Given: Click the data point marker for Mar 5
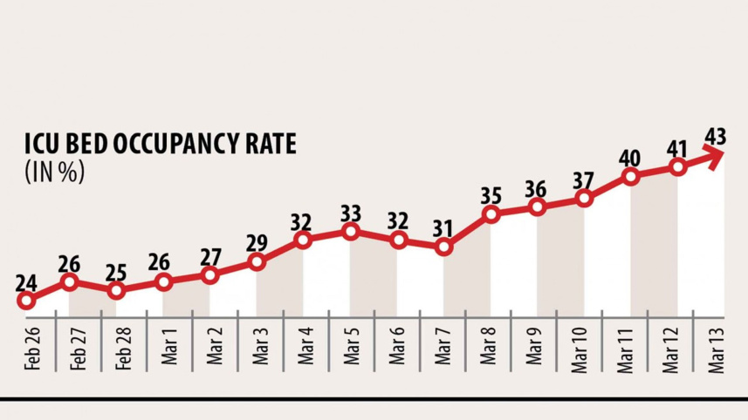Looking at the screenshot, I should coord(351,232).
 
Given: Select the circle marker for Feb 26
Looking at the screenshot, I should coord(26,301).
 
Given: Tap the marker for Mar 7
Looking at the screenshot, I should coord(444,247).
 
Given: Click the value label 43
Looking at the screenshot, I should coord(716,137).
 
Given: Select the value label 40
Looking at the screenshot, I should coord(630,159).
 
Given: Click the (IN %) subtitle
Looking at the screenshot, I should coord(54,172).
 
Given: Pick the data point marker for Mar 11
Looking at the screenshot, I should coord(630,177).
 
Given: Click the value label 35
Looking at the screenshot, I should coord(491,194).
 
